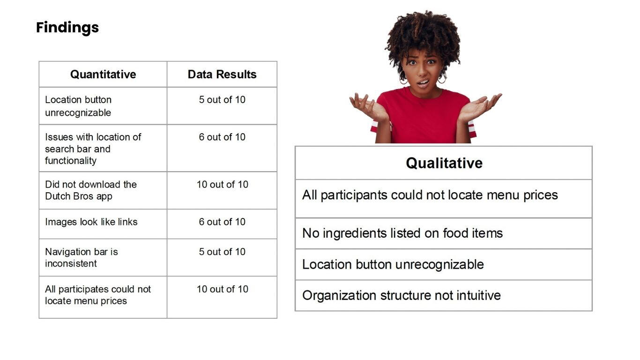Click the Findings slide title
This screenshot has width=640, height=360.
pyautogui.click(x=67, y=28)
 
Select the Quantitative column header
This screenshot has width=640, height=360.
pyautogui.click(x=103, y=75)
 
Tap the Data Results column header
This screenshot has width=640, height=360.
pyautogui.click(x=222, y=75)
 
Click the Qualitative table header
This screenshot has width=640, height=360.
pyautogui.click(x=444, y=163)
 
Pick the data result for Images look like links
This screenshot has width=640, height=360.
pyautogui.click(x=222, y=222)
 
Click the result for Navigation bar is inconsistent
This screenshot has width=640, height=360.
pyautogui.click(x=222, y=252)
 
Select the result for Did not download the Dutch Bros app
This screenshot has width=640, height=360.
pyautogui.click(x=222, y=184)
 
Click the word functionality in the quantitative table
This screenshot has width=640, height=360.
pyautogui.click(x=71, y=161)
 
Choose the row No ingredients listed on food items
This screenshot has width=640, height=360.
pyautogui.click(x=402, y=233)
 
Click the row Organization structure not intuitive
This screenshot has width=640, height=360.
pyautogui.click(x=402, y=296)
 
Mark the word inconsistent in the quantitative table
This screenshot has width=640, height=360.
pyautogui.click(x=71, y=263)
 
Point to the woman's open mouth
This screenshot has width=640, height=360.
pyautogui.click(x=423, y=83)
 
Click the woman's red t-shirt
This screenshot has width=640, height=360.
pyautogui.click(x=423, y=117)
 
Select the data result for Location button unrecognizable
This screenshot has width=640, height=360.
pyautogui.click(x=222, y=100)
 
